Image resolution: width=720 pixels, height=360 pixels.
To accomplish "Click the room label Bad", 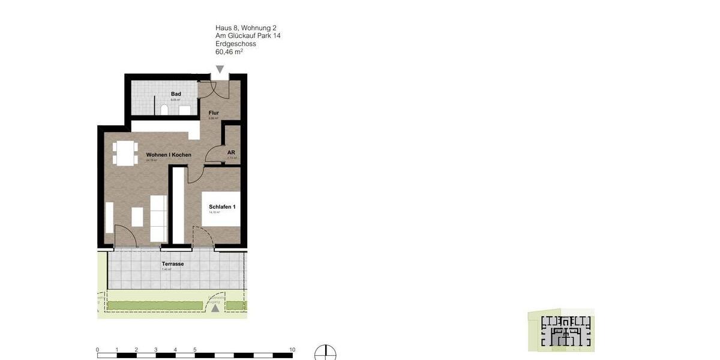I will [x=176, y=94].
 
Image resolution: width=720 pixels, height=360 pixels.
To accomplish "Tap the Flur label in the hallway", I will [x=214, y=113].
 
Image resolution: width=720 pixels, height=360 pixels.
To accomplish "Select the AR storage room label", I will [x=231, y=153].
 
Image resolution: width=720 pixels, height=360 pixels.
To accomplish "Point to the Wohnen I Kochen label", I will [x=169, y=155].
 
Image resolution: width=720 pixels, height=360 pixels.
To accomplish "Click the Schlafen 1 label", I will [x=222, y=207].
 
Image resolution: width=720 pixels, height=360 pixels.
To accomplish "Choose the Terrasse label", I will [x=172, y=264].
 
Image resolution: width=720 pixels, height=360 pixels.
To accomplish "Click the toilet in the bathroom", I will [x=164, y=110].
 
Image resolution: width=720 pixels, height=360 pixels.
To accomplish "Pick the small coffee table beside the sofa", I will [x=137, y=217].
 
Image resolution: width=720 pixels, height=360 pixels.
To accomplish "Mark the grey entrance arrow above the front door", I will [x=220, y=69].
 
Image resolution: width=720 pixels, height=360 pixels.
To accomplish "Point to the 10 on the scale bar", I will [x=292, y=350].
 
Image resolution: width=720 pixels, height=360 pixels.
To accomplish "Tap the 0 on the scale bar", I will [x=97, y=350].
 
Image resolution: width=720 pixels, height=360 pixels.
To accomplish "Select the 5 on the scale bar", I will [x=194, y=350].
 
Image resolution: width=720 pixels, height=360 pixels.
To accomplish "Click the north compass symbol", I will [x=325, y=353].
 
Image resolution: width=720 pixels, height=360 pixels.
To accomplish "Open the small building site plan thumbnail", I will [x=562, y=331].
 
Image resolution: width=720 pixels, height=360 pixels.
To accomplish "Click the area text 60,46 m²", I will [x=229, y=52].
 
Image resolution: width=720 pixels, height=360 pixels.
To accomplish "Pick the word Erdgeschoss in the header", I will [x=236, y=44].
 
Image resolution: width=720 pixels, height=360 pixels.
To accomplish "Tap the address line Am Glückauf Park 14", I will [x=248, y=36].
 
